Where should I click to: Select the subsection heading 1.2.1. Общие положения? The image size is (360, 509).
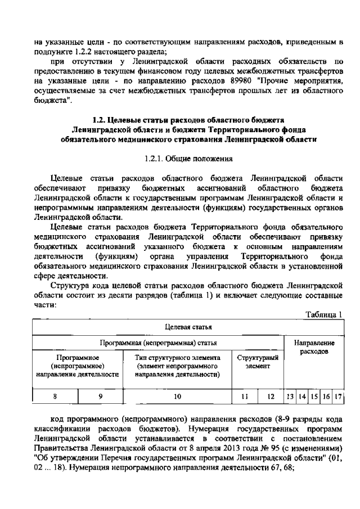179,159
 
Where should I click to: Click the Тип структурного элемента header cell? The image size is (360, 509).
177,366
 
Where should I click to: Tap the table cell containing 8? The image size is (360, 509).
55,396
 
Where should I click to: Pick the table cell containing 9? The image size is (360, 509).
100,396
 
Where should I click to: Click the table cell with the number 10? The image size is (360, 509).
177,396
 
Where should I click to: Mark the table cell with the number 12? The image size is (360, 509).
271,396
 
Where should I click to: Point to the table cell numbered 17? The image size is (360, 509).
339,396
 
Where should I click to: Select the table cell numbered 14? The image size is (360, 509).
301,396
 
